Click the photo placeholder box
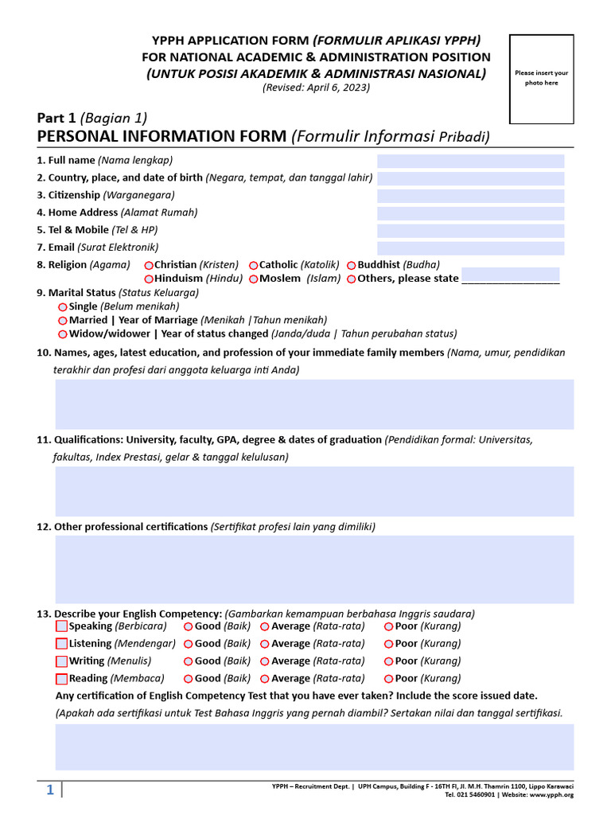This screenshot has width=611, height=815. point(541,79)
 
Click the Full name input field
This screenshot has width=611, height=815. point(470,161)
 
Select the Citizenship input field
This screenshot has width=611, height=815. point(470,196)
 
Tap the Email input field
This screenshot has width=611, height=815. point(470,248)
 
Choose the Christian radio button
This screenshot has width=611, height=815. point(149,266)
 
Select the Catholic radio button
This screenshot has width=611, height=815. point(254,266)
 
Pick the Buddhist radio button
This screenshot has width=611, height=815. point(352,266)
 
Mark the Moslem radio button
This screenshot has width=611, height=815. point(254,279)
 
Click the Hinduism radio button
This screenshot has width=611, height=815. point(149,279)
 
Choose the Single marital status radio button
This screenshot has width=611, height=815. point(63,307)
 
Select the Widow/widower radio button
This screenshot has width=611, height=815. point(63,334)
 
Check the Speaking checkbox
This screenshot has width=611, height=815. point(62,626)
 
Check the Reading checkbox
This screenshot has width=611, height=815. point(62,679)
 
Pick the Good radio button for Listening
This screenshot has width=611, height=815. point(189,644)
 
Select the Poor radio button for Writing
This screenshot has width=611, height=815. point(389,661)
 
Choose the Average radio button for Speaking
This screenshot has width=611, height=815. point(265,626)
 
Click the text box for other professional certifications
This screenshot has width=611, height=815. point(314,569)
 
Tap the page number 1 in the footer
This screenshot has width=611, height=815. point(49,790)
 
